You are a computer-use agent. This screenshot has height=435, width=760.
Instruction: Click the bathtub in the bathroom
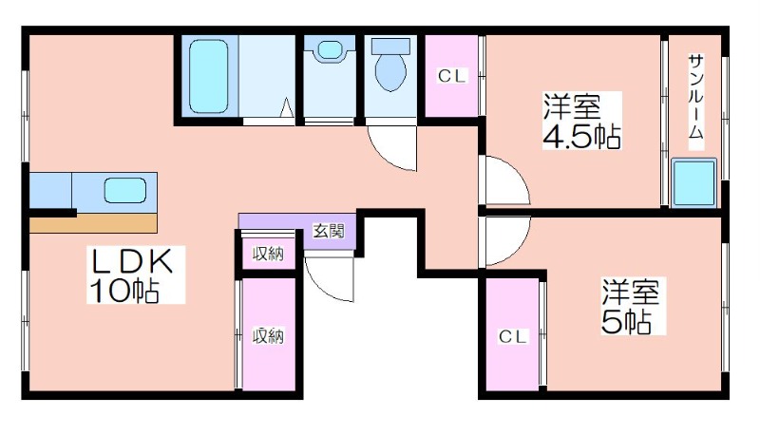[x=208, y=76]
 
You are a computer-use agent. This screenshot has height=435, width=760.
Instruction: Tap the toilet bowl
[x=390, y=72]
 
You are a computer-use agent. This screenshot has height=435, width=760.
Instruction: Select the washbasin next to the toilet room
[x=330, y=50]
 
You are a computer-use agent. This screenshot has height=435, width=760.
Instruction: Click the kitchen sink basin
[x=125, y=190]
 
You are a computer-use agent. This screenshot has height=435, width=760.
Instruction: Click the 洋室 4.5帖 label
[x=581, y=121]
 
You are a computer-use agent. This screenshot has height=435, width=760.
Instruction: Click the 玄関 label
[x=329, y=231]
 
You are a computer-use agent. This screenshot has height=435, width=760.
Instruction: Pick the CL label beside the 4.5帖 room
[x=452, y=76]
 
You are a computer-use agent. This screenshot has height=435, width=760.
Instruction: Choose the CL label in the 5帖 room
[x=512, y=336]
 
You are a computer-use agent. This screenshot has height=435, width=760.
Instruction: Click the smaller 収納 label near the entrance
[x=268, y=254]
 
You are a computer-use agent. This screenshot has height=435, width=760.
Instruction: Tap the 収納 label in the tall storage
[x=268, y=335]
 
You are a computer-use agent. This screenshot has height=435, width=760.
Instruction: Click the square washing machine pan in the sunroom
[x=694, y=182]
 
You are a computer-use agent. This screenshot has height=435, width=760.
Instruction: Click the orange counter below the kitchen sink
[x=93, y=224]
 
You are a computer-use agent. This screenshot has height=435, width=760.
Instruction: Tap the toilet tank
[x=390, y=46]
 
